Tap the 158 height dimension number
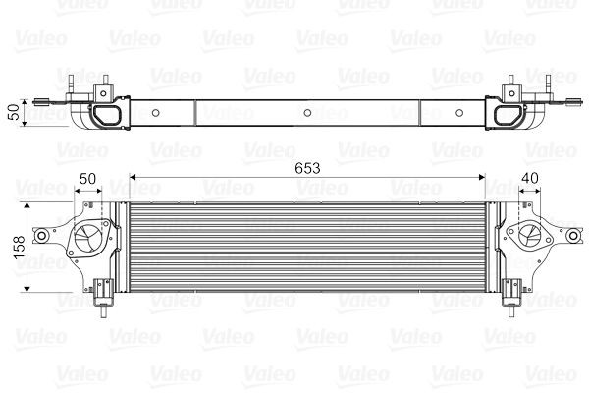pos(16,246)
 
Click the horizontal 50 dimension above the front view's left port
pos(88,178)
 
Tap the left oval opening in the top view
pos(106,115)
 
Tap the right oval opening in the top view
pos(509,115)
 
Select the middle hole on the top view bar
pos(307,112)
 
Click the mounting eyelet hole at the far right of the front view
pos(570,236)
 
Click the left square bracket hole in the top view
pos(100,92)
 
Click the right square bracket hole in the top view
pos(512,92)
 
